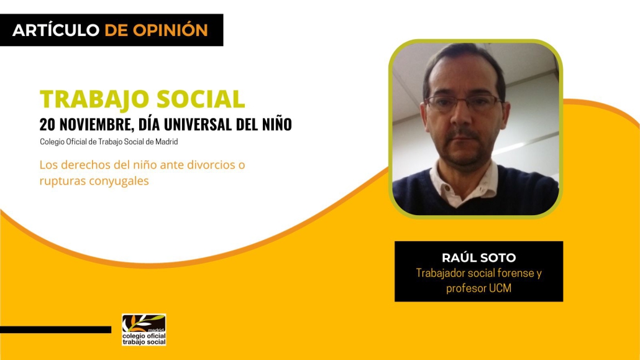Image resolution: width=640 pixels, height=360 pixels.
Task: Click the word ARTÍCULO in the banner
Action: (56, 30)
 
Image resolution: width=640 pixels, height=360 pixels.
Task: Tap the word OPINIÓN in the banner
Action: (171, 30)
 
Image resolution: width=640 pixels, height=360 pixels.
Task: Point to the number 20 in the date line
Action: (46, 124)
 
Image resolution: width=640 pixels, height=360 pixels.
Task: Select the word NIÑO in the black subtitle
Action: (277, 124)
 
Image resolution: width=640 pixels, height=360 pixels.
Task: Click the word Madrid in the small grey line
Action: (167, 142)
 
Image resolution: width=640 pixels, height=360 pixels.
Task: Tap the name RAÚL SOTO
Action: (479, 257)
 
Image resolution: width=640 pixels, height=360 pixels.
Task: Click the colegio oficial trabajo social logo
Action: (144, 330)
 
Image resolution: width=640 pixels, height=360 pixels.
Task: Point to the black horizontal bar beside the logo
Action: (55, 330)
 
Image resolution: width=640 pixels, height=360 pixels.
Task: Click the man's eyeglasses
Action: (464, 103)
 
